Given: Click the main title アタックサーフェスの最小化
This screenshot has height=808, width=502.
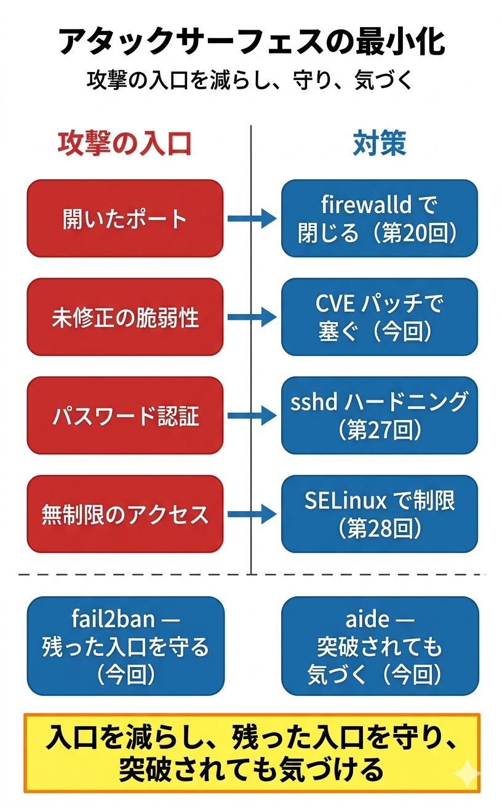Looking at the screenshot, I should coord(251,42).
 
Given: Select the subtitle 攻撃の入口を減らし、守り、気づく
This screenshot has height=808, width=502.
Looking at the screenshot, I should coord(251,81).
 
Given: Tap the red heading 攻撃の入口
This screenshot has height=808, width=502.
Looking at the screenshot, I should coord(125,143).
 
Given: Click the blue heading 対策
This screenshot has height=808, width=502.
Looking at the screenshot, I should coord(379,143).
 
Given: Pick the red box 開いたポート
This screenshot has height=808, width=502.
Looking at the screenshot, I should coord(125,219).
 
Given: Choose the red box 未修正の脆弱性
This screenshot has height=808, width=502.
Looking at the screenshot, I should coord(125,317).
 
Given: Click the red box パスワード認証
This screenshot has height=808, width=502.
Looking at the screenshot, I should coord(125,416).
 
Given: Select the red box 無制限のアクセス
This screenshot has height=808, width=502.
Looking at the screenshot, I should coord(125,514).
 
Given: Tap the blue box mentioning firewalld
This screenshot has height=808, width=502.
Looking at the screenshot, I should coord(379,219).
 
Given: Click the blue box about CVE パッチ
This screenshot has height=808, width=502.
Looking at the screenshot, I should coord(379,317).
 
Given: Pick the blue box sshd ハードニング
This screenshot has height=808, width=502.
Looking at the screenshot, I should coord(379,416).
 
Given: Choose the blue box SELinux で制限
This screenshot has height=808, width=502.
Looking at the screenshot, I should coord(379,514).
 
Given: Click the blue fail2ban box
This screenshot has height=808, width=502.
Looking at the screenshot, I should coord(125,646).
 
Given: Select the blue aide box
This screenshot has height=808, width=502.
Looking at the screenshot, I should coord(380,646).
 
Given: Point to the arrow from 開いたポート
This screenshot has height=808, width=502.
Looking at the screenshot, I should coord(252,219).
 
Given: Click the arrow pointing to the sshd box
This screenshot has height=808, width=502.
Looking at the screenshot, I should coord(252,416).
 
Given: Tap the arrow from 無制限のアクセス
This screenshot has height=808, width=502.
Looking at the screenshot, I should coord(252,514).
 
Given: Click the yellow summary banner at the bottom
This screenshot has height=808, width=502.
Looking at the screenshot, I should coord(251,753).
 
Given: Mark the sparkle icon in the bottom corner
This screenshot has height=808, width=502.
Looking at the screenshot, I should coord(466,774).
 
